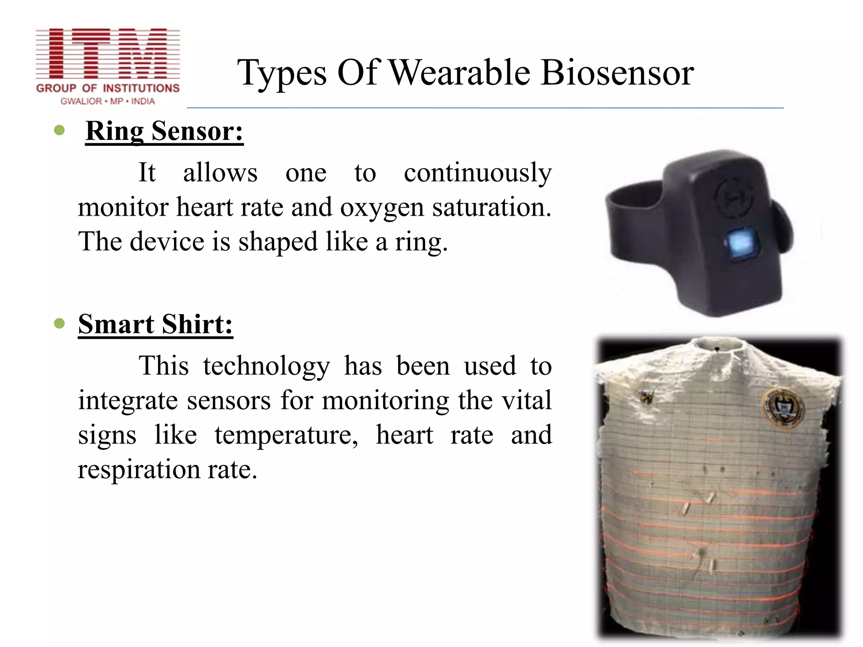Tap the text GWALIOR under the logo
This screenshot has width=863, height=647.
click(81, 102)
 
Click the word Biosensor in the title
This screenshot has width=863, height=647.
click(617, 73)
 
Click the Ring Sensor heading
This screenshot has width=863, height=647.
click(164, 131)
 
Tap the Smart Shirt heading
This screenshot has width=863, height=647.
click(155, 324)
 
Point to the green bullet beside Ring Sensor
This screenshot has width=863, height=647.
click(59, 130)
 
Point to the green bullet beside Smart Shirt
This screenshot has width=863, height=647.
click(59, 323)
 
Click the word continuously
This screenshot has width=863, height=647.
click(477, 173)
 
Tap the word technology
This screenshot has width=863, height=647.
click(266, 366)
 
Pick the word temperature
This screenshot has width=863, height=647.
click(286, 435)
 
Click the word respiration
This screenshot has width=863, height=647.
click(139, 470)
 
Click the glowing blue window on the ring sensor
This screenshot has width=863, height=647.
click(740, 243)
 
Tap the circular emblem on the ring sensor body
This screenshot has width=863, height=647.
click(733, 198)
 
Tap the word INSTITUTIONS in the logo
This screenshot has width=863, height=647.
click(141, 88)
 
